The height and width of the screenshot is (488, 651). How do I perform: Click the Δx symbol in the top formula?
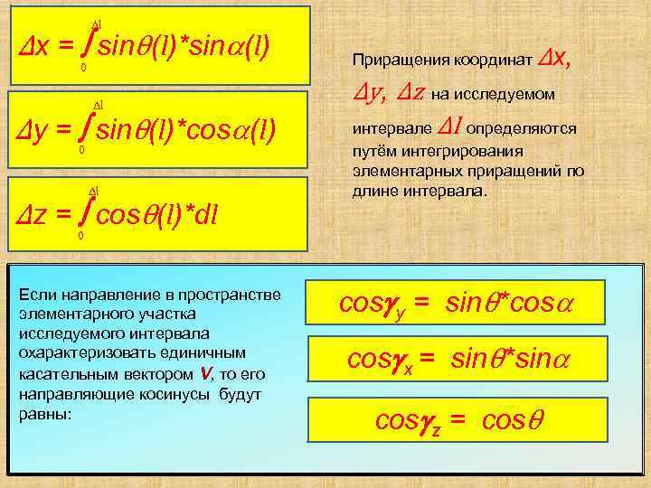tap(32, 47)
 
